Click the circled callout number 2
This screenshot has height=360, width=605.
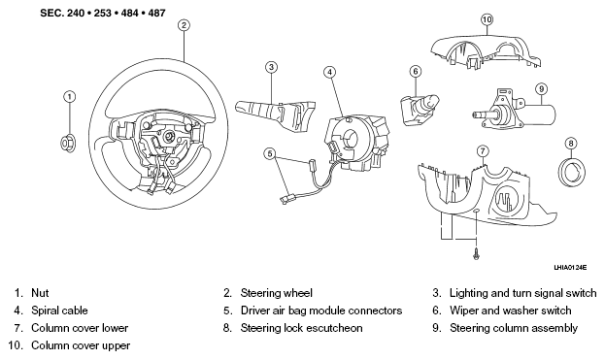[x=184, y=25]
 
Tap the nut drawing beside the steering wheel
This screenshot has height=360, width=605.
[x=68, y=144]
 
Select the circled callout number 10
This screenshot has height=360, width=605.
[x=487, y=19]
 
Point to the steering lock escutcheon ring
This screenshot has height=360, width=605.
[x=572, y=170]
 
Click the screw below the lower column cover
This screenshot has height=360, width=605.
[x=477, y=253]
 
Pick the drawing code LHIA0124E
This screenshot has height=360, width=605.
[x=570, y=267]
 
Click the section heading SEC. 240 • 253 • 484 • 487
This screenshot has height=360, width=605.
[x=103, y=14]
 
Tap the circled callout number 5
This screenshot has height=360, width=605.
[x=270, y=153]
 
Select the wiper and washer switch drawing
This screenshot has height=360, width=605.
[x=419, y=110]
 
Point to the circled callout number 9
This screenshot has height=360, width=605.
[x=542, y=89]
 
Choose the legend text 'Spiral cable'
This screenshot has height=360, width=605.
[x=59, y=311]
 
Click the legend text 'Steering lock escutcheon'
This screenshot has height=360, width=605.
[x=301, y=328]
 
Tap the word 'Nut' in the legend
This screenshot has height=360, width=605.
[x=40, y=293]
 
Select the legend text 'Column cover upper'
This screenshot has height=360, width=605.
[x=81, y=345]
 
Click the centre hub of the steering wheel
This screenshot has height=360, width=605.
[x=168, y=136]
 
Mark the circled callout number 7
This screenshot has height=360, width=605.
[x=483, y=151]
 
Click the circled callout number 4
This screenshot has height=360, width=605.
[x=329, y=72]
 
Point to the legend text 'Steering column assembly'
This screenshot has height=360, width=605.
[x=514, y=328]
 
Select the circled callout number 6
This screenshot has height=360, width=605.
[x=416, y=71]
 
